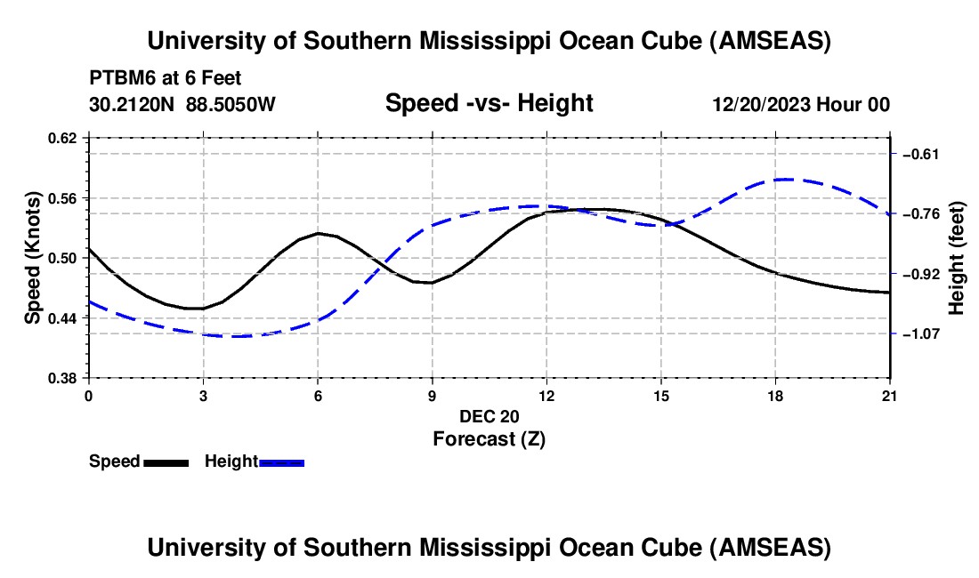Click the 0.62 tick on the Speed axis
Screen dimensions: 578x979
[68, 138]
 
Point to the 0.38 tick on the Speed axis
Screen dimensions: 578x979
[68, 378]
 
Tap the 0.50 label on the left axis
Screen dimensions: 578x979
[68, 258]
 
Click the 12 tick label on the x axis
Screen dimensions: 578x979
[546, 395]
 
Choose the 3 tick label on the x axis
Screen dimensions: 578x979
[203, 395]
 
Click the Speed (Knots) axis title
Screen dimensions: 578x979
[32, 257]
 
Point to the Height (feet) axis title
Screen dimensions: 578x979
[957, 258]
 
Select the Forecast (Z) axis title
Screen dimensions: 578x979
[489, 438]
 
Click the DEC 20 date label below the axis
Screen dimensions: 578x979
[489, 416]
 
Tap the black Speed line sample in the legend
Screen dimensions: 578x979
[166, 462]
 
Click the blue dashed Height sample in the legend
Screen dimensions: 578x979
[282, 462]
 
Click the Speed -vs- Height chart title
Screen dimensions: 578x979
[489, 103]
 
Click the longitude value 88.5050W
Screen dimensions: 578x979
[231, 104]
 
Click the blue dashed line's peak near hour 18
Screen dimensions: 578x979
[784, 179]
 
